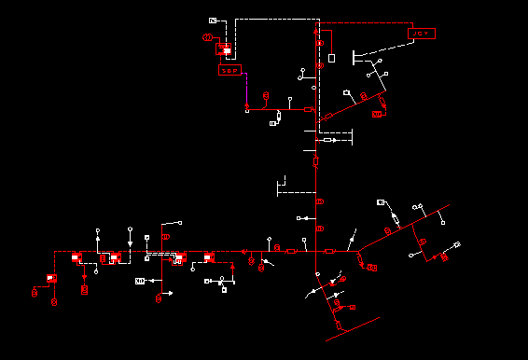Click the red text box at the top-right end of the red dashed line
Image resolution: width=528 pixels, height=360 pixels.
422,34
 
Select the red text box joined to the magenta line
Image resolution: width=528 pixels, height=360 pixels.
229,70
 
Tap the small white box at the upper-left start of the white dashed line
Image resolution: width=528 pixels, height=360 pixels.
213,20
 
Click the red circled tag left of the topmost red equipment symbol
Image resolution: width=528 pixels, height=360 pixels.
207,37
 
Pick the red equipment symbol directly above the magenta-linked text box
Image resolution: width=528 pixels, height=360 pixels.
224,50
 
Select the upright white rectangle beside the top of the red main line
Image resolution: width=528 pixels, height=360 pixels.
331,58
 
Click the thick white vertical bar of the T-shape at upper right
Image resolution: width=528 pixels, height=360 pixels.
353,57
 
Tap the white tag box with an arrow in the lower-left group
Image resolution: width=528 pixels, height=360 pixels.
141,280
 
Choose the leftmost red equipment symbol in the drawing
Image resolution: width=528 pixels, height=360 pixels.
52,278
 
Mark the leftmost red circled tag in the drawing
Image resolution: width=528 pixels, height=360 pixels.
35,292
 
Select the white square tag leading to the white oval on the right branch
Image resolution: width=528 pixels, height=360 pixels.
381,202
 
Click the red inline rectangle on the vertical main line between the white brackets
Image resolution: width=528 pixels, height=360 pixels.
315,160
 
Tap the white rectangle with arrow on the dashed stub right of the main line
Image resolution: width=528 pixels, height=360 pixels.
328,140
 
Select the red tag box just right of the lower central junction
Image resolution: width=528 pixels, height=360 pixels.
371,268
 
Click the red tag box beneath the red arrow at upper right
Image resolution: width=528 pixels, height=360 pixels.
376,114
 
